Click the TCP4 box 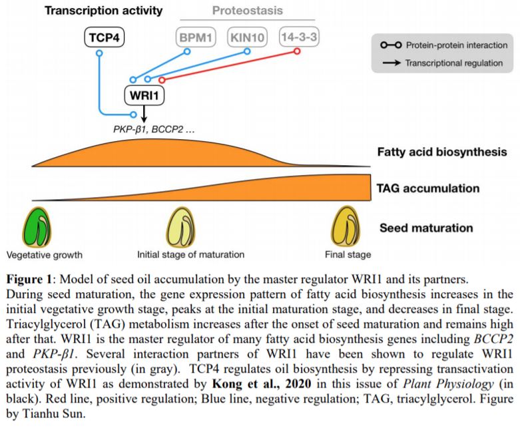pos(104,37)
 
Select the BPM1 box pos(196,37)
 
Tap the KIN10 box pos(248,37)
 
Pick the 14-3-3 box pos(299,37)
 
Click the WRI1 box pos(144,95)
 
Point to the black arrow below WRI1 pos(144,114)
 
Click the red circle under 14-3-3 pos(297,51)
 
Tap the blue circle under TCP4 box pos(99,53)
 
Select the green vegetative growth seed pos(37,227)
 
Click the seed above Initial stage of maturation pos(180,227)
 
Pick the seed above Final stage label pos(346,227)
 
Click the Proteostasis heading pos(248,10)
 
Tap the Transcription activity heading pos(104,11)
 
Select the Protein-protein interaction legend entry pos(444,45)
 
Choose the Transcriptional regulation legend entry pos(443,63)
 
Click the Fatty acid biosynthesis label pos(442,152)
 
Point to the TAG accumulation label pos(428,188)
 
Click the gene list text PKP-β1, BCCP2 pos(154,129)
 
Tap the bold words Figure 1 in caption pos(29,279)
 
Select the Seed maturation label pos(426,228)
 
